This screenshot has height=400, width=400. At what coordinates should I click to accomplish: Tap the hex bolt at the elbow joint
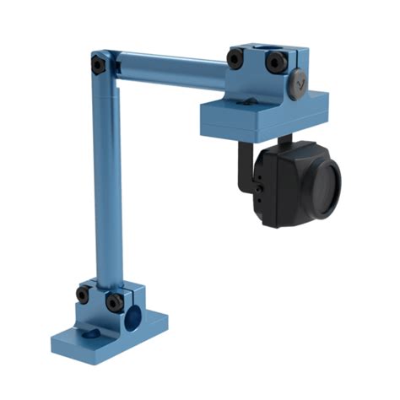99,64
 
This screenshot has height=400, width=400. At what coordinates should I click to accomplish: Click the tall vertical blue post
108,186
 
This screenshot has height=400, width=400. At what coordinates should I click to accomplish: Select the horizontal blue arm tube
169,70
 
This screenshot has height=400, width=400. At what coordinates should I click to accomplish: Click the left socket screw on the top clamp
235,58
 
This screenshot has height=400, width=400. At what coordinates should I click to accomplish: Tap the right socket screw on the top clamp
274,62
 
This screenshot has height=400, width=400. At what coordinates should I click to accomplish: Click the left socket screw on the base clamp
83,295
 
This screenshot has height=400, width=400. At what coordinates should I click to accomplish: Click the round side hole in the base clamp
132,318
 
